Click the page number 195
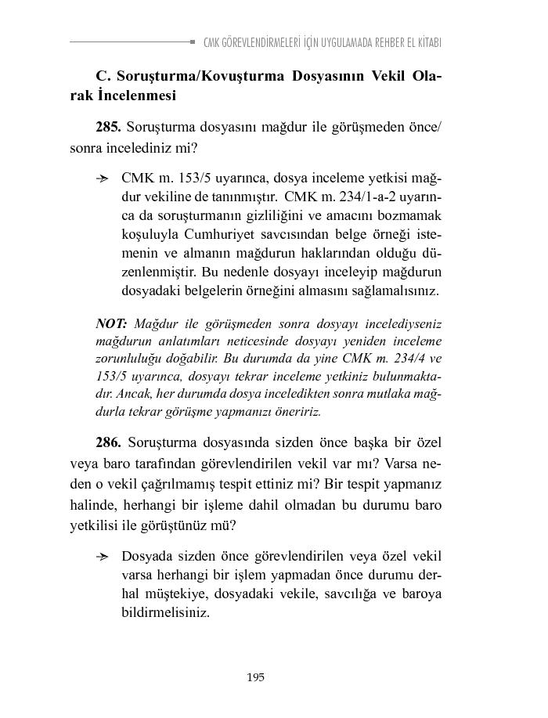(x=255, y=677)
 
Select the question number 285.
(x=108, y=126)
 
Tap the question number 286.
(x=108, y=442)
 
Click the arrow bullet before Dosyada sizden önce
(x=102, y=557)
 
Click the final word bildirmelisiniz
(x=165, y=612)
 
